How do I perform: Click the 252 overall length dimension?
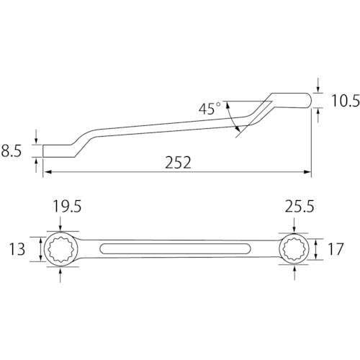click(178, 163)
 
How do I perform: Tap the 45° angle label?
click(210, 108)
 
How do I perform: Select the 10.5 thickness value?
click(346, 101)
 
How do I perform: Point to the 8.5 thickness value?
click(12, 151)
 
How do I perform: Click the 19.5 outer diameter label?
click(67, 207)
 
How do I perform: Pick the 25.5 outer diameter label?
click(300, 207)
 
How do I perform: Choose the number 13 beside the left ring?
click(17, 249)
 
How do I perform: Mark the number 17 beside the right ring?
click(336, 249)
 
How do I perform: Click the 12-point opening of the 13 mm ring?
click(60, 249)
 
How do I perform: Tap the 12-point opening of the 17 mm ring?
click(294, 249)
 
